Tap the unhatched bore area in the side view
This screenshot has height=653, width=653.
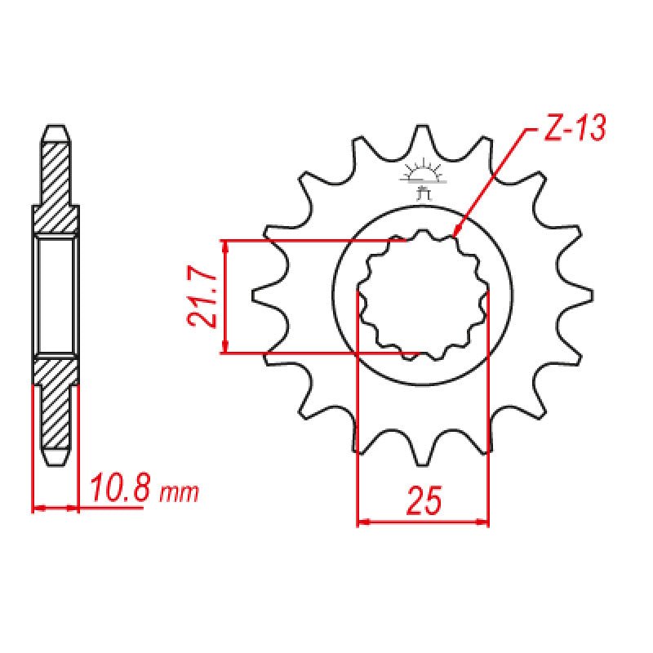click(56, 297)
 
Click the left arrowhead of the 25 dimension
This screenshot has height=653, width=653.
click(361, 520)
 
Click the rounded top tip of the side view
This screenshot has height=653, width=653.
click(56, 129)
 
